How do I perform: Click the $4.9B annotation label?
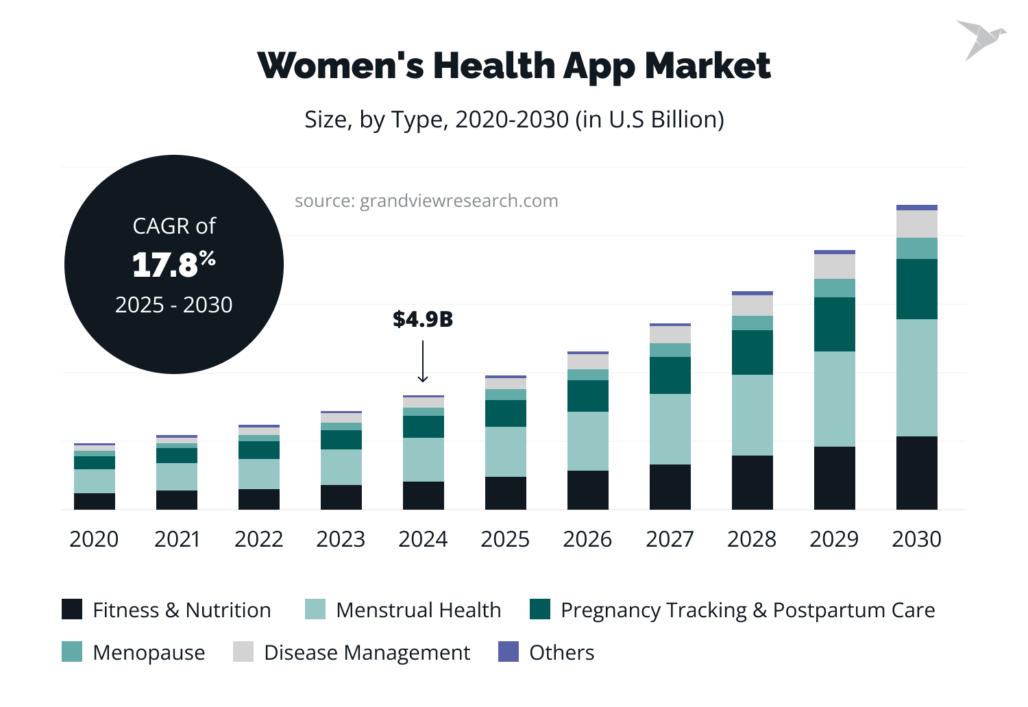(x=423, y=319)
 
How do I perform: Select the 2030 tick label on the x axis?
(x=916, y=539)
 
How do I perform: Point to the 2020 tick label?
(x=94, y=539)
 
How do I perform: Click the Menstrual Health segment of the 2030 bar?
(x=916, y=377)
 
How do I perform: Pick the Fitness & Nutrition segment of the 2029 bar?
(x=834, y=477)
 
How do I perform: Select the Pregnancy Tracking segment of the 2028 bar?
(x=752, y=352)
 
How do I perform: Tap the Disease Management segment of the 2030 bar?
(x=916, y=224)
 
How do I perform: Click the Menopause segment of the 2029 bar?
(x=834, y=288)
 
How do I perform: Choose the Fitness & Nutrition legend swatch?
(x=72, y=609)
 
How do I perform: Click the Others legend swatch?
(x=509, y=652)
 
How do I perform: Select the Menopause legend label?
(x=149, y=653)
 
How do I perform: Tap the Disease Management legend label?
(x=367, y=653)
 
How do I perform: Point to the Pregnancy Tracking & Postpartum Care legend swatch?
(x=540, y=609)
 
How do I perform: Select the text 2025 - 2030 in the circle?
(x=173, y=305)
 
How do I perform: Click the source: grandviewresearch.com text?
(x=426, y=201)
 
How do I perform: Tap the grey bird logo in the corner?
(x=980, y=39)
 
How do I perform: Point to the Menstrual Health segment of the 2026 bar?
(x=587, y=441)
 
